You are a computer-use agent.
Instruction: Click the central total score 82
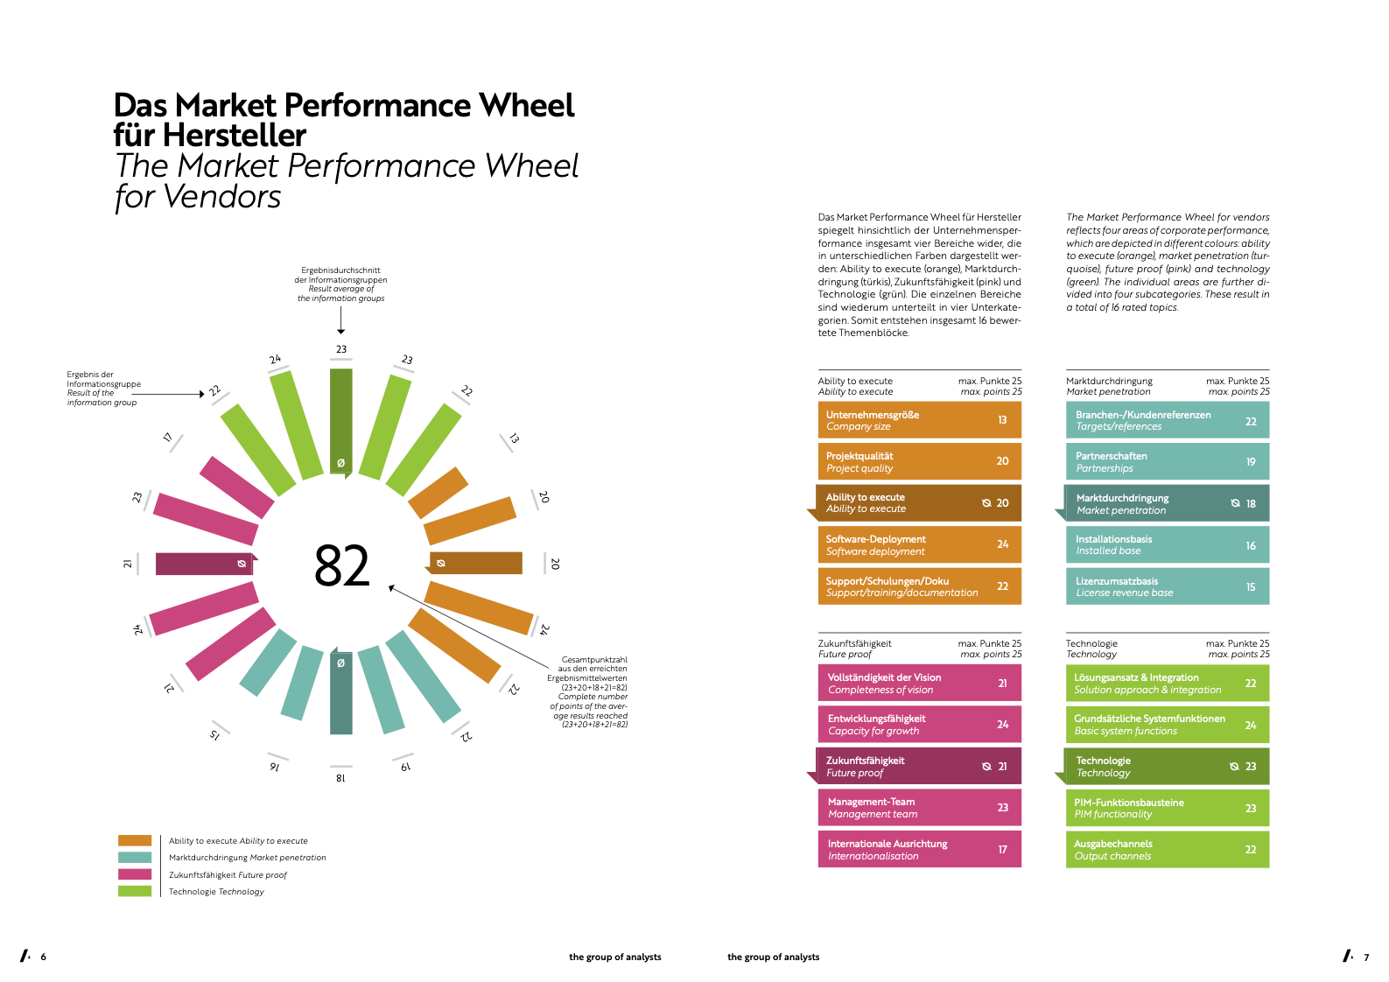coord(341,565)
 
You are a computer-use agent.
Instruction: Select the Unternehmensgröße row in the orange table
coord(919,420)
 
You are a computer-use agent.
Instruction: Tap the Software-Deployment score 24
coord(1002,544)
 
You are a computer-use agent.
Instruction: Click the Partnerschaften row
coord(1167,461)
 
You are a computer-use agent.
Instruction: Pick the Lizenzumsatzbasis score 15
coord(1250,586)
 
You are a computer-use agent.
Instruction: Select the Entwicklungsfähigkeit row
coord(919,724)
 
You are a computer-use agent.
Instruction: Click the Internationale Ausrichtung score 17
coord(1002,849)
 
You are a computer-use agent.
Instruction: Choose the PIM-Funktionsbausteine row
coord(1167,808)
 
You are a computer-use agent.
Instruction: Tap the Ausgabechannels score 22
coord(1250,849)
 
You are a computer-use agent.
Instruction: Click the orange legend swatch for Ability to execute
coord(135,840)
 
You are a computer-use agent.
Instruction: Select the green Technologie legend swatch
coord(135,891)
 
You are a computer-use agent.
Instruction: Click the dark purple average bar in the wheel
coord(206,564)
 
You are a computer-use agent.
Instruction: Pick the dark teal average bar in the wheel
coord(341,691)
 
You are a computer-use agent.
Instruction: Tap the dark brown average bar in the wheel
coord(474,563)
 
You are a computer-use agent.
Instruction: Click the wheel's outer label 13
coord(514,438)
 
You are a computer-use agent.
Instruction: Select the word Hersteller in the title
coord(235,135)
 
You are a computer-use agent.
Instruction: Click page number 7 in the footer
coord(1366,957)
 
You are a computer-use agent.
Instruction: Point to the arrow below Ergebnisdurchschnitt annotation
coord(340,320)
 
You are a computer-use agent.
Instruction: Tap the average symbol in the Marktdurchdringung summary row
coord(1235,503)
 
